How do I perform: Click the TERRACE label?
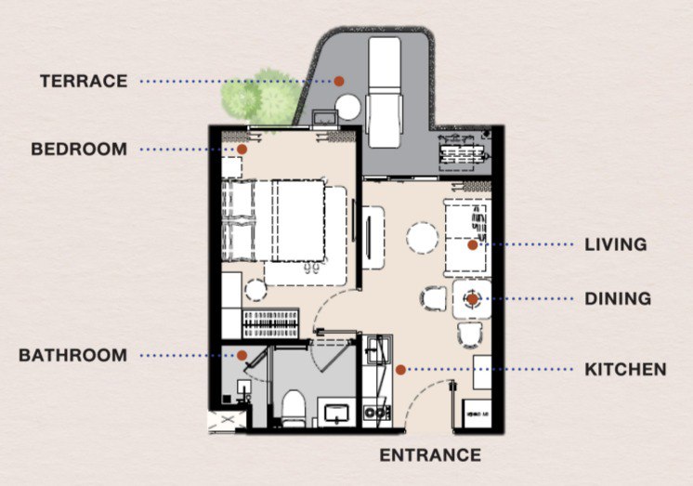pyautogui.click(x=83, y=81)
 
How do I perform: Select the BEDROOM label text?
pyautogui.click(x=79, y=149)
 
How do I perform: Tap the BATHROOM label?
pyautogui.click(x=72, y=355)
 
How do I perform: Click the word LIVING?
pyautogui.click(x=615, y=245)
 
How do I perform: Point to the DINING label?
pyautogui.click(x=618, y=299)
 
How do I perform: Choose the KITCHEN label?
pyautogui.click(x=625, y=369)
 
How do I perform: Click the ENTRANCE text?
pyautogui.click(x=430, y=454)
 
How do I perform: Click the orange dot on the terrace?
pyautogui.click(x=340, y=81)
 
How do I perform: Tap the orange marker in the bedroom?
pyautogui.click(x=241, y=149)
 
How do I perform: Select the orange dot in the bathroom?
pyautogui.click(x=241, y=355)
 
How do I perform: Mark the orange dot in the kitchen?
pyautogui.click(x=399, y=369)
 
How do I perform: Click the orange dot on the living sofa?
pyautogui.click(x=472, y=245)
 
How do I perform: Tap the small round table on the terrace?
pyautogui.click(x=347, y=106)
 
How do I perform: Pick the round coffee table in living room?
pyautogui.click(x=424, y=239)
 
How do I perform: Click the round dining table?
pyautogui.click(x=471, y=299)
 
